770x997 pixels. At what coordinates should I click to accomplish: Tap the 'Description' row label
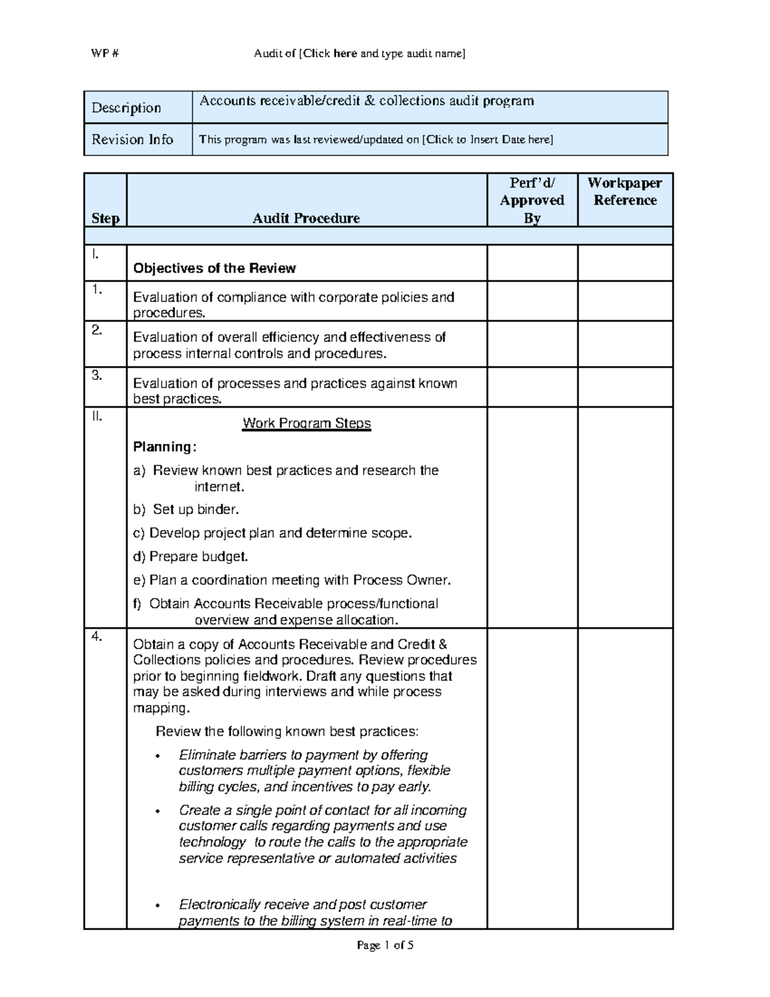click(126, 108)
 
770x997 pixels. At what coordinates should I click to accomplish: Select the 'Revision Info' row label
click(132, 139)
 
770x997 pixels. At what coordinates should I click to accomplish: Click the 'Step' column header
click(105, 218)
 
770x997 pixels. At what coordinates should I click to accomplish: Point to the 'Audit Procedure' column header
click(306, 218)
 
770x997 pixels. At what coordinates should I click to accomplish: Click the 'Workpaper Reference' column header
click(625, 191)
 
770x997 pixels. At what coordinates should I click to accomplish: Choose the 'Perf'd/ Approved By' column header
click(532, 200)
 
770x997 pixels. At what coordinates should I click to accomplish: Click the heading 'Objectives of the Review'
click(214, 268)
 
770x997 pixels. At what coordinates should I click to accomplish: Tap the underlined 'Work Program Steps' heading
click(307, 423)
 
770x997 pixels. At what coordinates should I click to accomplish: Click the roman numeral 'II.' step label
click(97, 417)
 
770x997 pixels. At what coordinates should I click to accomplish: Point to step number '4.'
click(97, 637)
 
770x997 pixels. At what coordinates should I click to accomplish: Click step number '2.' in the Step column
click(97, 330)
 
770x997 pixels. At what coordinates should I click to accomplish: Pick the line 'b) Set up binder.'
click(185, 510)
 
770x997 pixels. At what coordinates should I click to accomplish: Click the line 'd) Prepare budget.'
click(190, 557)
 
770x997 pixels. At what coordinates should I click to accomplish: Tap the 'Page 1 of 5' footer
click(385, 945)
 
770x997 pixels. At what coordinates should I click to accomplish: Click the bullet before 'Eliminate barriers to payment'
click(158, 756)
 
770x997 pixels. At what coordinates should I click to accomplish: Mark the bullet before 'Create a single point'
click(158, 811)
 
